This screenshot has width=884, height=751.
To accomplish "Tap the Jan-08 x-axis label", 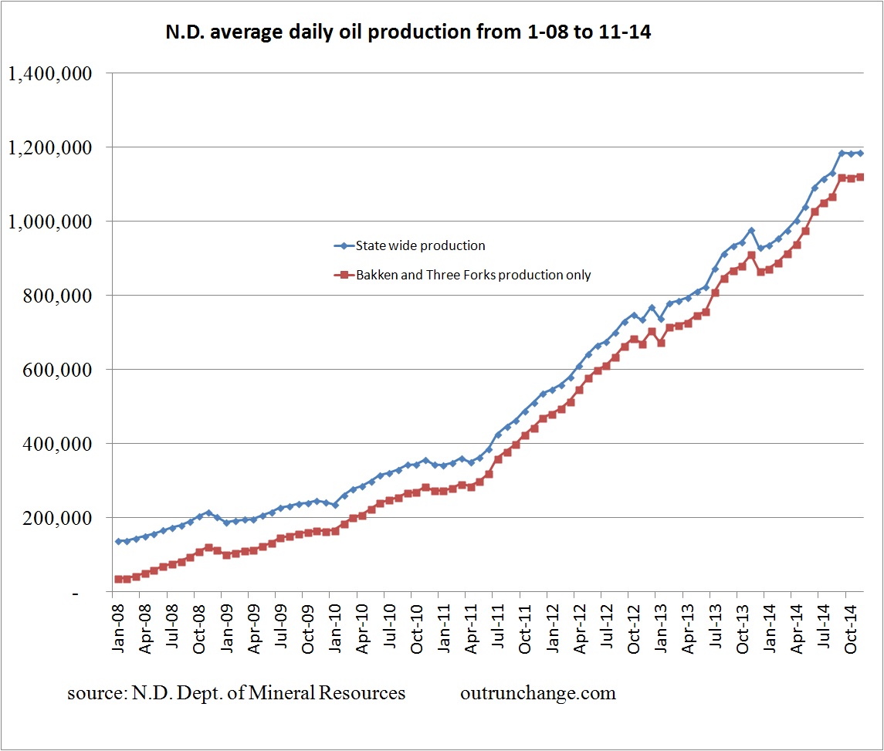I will (118, 628).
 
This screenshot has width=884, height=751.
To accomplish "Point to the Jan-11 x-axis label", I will (444, 628).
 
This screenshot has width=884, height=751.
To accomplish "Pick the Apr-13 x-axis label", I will (688, 628).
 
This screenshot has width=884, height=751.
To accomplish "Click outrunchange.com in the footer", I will (538, 693).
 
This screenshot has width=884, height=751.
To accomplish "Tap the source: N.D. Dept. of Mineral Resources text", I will (236, 693).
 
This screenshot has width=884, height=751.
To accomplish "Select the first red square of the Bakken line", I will (118, 579).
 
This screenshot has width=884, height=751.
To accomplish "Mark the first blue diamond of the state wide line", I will (118, 541).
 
